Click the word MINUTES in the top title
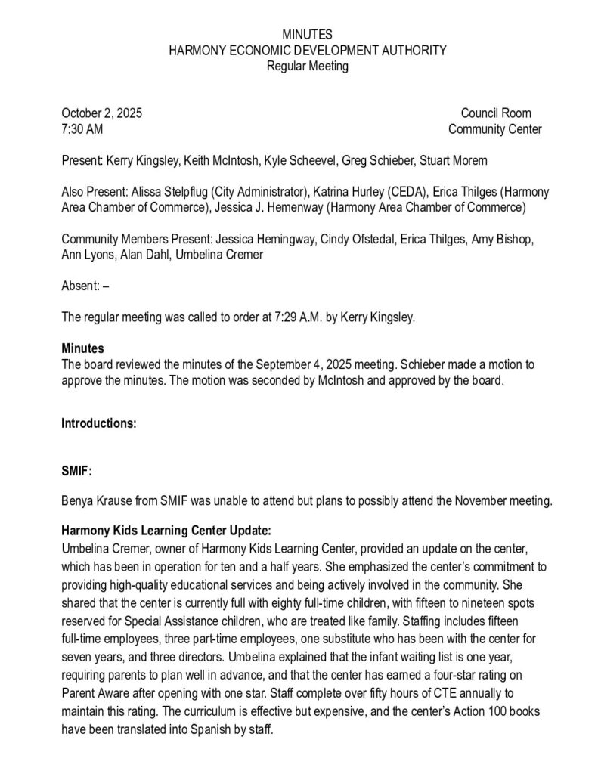point(306,35)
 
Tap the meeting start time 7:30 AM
point(82,129)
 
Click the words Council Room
point(496,113)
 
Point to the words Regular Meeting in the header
point(307,66)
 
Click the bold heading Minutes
point(82,349)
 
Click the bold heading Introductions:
point(98,423)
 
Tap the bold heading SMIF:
point(76,470)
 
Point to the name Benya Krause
point(96,500)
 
